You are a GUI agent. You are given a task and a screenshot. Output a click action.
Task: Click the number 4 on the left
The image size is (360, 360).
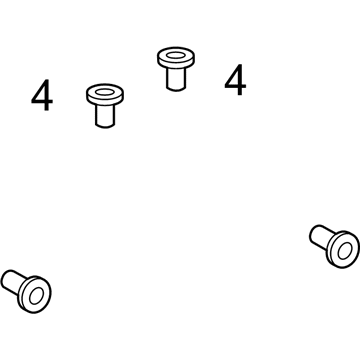42,95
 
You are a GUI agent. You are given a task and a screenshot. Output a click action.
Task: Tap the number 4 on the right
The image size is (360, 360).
235,80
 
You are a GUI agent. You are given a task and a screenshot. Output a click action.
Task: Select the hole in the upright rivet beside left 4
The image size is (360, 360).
105,92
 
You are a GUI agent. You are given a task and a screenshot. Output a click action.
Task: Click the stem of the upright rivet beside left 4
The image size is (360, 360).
105,115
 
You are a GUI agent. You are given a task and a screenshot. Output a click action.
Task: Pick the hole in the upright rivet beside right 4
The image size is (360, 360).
176,55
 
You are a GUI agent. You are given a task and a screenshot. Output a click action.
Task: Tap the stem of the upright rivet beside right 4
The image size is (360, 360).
176,79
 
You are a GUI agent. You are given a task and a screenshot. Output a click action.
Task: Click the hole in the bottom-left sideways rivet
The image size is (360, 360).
36,296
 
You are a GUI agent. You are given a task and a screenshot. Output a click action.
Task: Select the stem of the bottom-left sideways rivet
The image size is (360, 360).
13,282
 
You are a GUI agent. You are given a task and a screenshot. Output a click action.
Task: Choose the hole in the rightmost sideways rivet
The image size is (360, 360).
345,251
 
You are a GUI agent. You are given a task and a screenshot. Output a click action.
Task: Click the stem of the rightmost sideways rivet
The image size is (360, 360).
321,237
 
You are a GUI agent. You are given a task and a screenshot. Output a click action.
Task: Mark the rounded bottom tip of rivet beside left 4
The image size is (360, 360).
105,127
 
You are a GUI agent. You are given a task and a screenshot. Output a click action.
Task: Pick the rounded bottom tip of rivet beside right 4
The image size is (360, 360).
176,90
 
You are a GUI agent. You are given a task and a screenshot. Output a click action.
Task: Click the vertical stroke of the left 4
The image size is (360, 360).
47,95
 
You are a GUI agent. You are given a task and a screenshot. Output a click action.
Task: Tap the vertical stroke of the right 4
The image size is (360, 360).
240,80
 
